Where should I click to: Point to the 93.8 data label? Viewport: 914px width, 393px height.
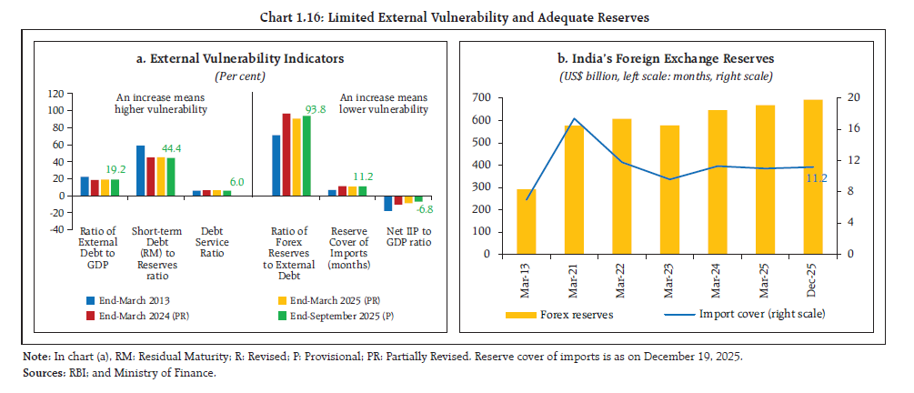click(x=317, y=108)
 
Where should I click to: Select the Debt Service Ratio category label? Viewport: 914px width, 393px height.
click(x=215, y=242)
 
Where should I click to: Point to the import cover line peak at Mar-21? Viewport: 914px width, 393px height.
click(x=572, y=118)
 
